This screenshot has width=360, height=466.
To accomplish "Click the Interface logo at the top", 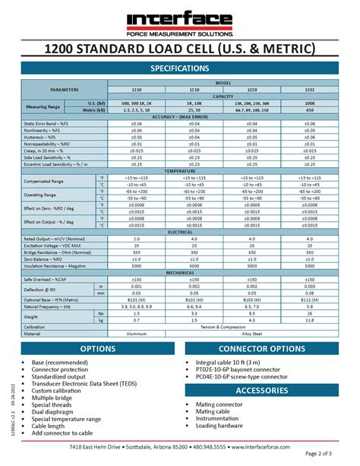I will [180, 21].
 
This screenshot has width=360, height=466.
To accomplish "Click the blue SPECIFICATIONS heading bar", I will [180, 68].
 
